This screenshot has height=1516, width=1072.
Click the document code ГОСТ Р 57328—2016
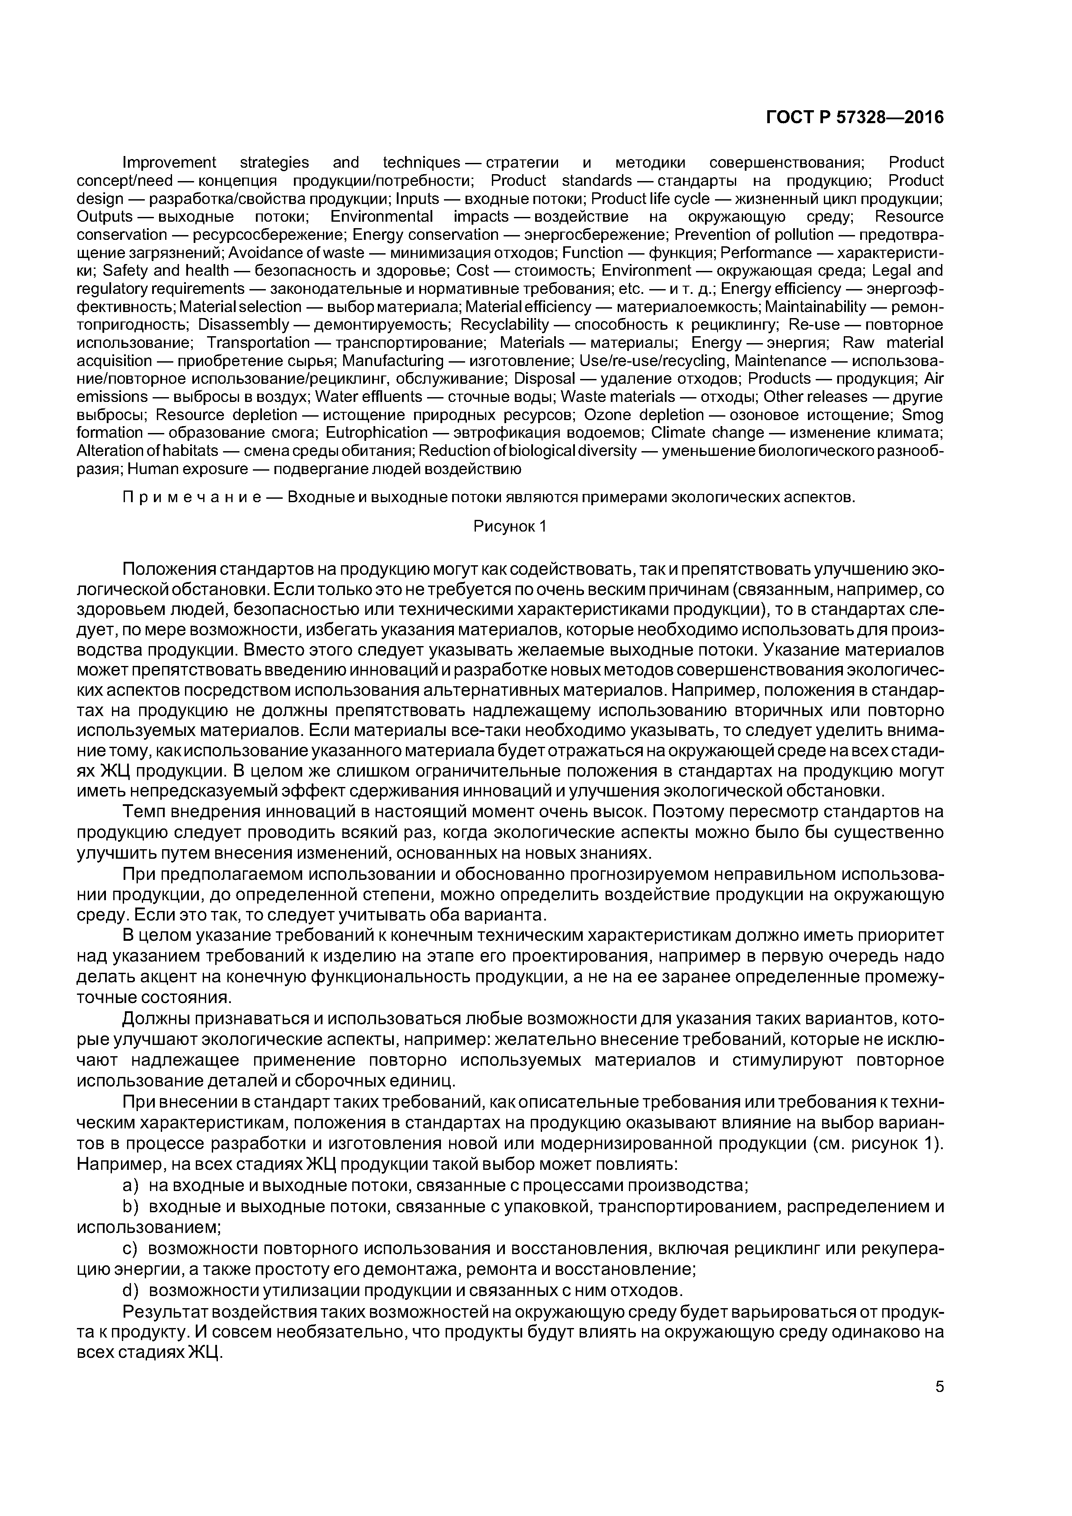click(855, 118)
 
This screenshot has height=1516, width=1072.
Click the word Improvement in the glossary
click(170, 162)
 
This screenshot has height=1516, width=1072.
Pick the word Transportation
click(258, 343)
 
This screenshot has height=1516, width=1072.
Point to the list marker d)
click(131, 1290)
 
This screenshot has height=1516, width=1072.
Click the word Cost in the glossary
click(472, 271)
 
